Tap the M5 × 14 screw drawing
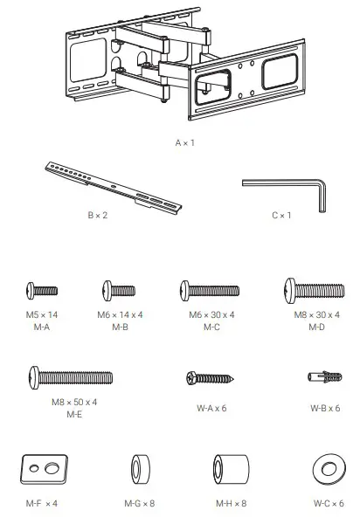click(41, 290)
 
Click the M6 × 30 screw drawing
click(209, 289)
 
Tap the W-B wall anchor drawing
click(323, 378)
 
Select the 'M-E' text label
click(74, 413)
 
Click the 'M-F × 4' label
click(40, 504)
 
